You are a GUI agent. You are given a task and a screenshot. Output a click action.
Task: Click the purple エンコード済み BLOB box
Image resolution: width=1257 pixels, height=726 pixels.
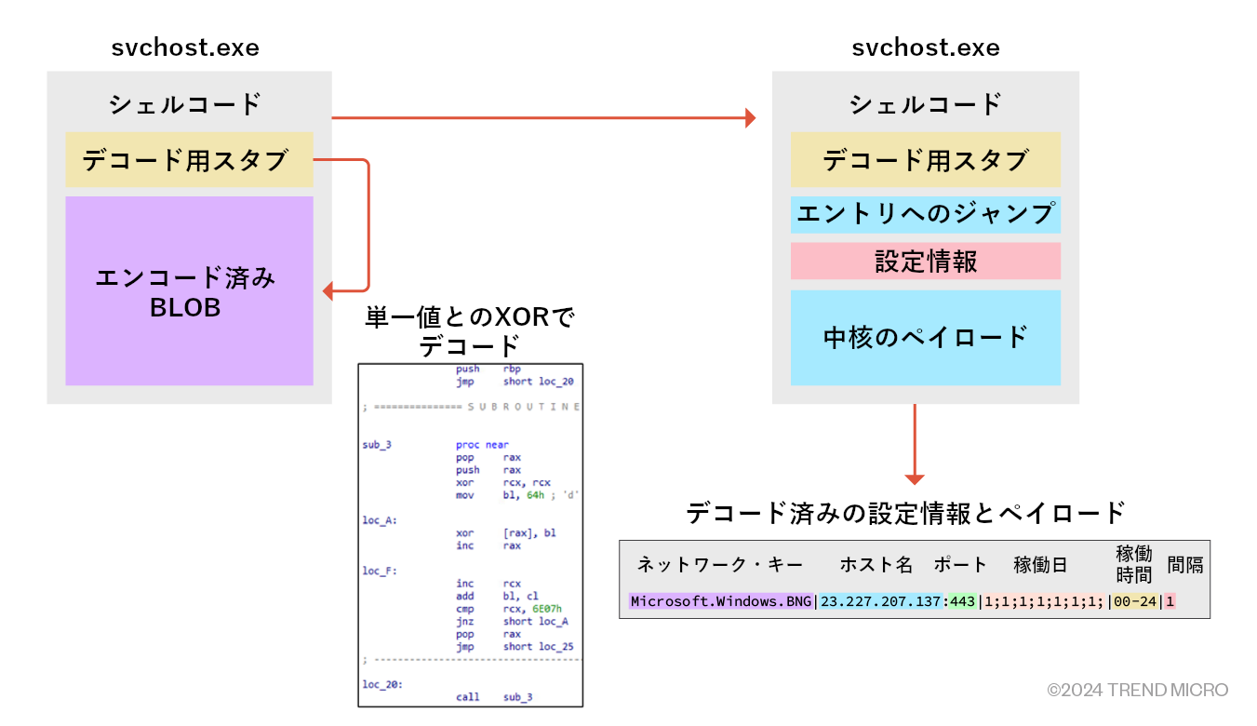click(189, 290)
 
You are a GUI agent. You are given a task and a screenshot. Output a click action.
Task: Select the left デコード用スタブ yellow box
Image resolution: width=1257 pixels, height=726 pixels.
click(189, 159)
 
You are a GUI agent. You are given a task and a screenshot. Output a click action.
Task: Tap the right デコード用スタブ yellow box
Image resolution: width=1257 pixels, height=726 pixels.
click(926, 159)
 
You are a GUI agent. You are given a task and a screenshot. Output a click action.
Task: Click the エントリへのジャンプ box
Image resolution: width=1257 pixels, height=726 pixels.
click(926, 214)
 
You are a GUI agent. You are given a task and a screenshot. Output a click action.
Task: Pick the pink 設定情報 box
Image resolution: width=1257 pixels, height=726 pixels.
click(926, 261)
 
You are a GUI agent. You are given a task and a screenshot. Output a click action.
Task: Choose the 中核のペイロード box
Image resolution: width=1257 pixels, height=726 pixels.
click(926, 338)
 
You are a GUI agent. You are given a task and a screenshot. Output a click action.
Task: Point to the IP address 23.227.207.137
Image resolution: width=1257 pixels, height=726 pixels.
click(880, 601)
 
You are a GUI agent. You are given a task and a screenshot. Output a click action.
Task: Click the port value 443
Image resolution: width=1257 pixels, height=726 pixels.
click(962, 601)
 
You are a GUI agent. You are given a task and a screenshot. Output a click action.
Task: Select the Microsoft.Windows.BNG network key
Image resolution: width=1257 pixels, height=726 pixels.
click(720, 601)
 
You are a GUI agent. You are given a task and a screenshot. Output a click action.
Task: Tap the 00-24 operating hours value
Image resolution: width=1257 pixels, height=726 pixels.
click(1135, 601)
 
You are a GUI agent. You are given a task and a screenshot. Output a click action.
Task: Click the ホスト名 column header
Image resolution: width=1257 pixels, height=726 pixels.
click(876, 564)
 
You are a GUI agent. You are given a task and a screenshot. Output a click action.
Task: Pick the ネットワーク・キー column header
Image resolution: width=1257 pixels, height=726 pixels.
click(720, 564)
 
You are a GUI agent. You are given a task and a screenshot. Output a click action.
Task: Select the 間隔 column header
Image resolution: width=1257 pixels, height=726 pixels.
click(1185, 564)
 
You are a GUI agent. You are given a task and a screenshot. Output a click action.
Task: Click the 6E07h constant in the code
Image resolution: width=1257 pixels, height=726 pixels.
click(546, 609)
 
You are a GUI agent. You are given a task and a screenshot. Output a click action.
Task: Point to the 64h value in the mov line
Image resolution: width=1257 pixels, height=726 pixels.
click(535, 495)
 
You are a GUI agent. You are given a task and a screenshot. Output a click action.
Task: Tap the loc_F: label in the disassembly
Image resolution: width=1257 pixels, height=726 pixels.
click(380, 571)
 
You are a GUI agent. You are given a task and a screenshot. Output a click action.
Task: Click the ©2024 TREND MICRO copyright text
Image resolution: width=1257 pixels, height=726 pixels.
click(1138, 690)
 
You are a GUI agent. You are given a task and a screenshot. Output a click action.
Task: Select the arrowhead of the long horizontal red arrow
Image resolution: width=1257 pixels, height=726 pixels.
click(751, 118)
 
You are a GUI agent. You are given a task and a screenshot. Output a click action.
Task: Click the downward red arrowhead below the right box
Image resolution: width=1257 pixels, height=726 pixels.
click(915, 479)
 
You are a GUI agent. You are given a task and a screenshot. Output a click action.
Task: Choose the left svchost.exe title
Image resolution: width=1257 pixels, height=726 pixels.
click(185, 47)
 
